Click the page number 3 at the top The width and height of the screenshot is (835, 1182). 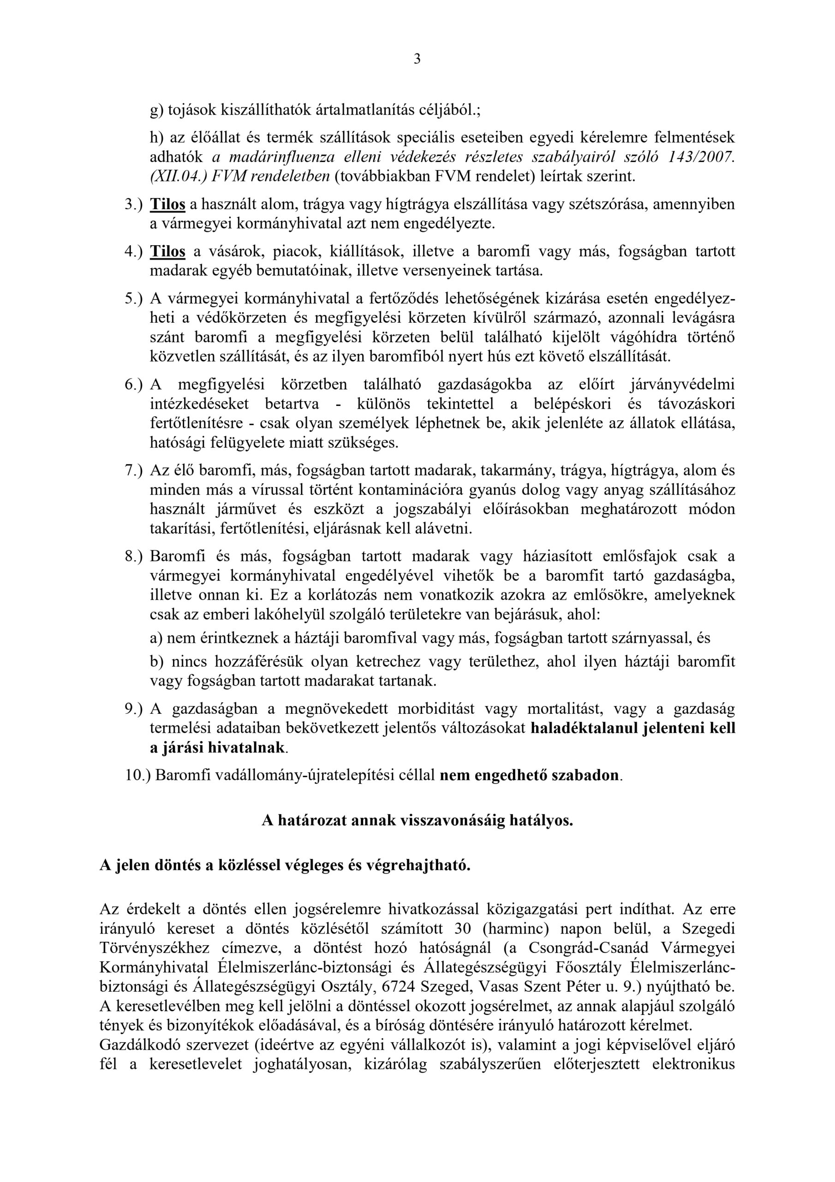pyautogui.click(x=417, y=59)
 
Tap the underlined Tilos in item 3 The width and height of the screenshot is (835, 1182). pyautogui.click(x=167, y=205)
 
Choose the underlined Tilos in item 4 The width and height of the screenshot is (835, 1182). pyautogui.click(x=167, y=252)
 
